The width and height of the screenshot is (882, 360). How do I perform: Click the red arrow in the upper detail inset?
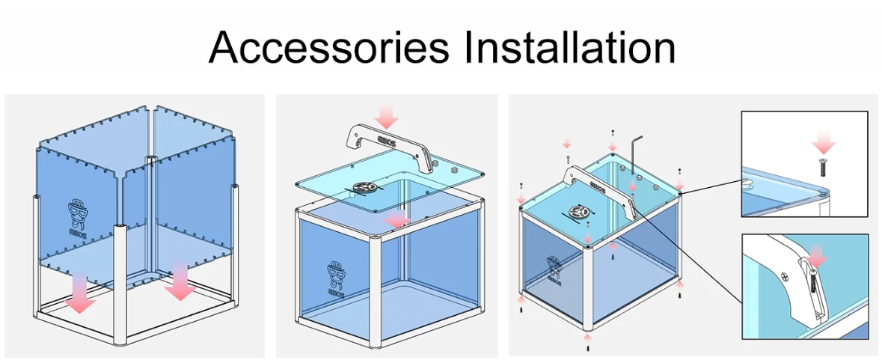823,141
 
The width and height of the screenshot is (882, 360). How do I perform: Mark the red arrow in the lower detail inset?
818,256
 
